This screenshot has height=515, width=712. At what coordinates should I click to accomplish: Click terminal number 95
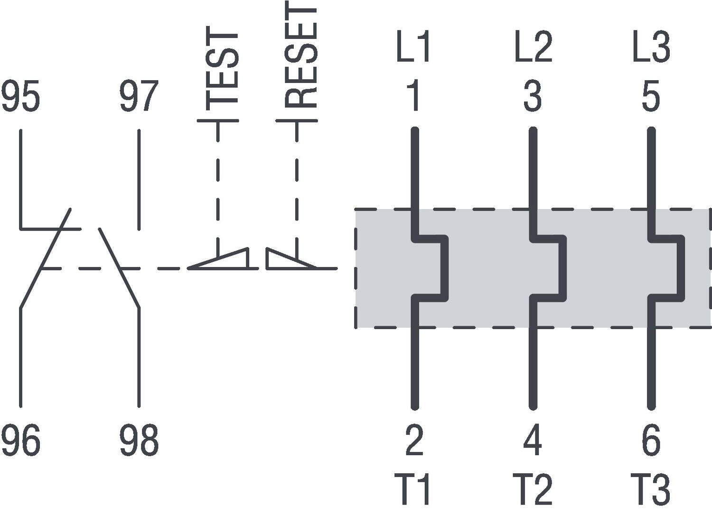pos(20,97)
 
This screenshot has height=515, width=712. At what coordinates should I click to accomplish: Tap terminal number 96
pos(20,441)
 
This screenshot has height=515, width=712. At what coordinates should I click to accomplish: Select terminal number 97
pos(139,97)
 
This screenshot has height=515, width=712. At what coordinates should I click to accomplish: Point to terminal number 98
pos(139,441)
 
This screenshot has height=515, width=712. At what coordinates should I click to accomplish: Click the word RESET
pos(300,55)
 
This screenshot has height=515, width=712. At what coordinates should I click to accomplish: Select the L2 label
pos(533,46)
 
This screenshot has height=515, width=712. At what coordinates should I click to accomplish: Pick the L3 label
pos(651,46)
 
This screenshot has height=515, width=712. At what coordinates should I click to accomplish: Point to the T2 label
pos(533,489)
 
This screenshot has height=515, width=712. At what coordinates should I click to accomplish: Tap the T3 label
pos(651,489)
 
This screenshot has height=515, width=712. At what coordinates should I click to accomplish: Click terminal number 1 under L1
pos(414,97)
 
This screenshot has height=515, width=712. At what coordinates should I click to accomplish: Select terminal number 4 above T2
pos(533,441)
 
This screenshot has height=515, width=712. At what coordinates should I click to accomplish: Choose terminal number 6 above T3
pos(651,441)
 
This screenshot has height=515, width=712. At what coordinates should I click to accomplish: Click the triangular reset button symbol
pos(285,260)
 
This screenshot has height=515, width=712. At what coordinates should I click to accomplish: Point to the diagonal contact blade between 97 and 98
pos(119,268)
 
